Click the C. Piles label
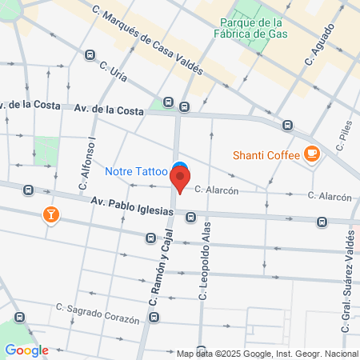[345, 137]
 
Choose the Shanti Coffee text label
[265, 154]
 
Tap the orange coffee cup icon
[311, 154]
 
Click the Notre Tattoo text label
[136, 170]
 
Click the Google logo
[26, 350]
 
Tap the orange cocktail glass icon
[50, 214]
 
